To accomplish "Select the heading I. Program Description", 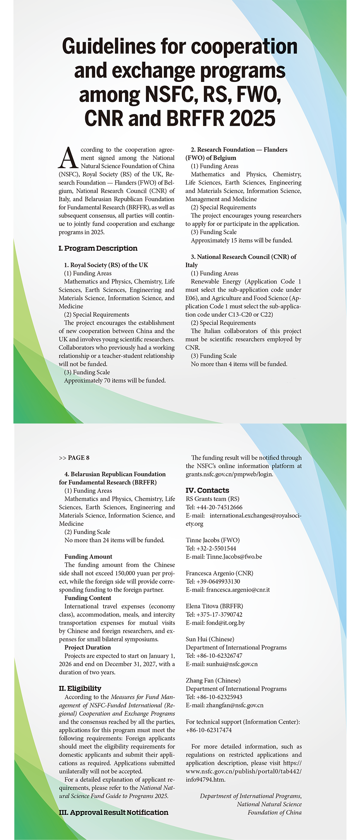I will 98,248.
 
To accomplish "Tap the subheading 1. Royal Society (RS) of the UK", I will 106,265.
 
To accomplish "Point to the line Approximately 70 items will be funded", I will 115,380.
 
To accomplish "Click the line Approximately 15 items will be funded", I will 242,240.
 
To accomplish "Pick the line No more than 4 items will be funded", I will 239,364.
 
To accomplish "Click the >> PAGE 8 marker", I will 74,457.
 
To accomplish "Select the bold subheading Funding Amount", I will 88,556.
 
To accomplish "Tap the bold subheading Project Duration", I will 88,647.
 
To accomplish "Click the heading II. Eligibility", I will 80,688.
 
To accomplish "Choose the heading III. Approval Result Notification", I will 114,812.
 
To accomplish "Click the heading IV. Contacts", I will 207,490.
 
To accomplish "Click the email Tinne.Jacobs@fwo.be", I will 234,556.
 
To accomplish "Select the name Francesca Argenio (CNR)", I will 219,573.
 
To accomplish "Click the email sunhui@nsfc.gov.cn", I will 232,664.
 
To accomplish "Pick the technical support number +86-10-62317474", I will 209,730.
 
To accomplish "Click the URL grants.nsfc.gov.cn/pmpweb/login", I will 229,474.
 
